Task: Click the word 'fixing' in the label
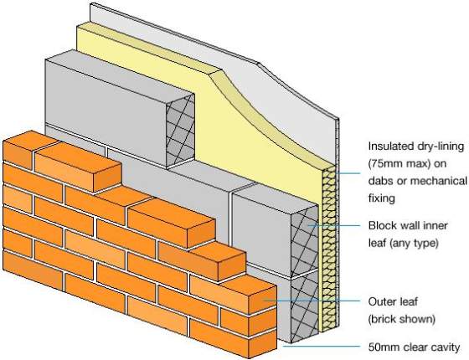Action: tap(384, 199)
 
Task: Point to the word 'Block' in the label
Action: tap(384, 226)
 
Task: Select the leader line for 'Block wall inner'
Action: tap(335, 226)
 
